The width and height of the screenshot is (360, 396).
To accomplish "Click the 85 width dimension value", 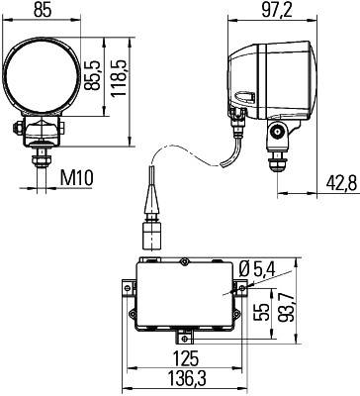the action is click(43, 11).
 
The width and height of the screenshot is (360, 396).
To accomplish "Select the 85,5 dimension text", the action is click(91, 76).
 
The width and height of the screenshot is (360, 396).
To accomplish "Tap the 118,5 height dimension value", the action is click(119, 78).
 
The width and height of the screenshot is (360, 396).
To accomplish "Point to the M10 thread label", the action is click(77, 178).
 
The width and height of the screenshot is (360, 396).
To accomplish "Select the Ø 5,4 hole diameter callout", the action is click(258, 270).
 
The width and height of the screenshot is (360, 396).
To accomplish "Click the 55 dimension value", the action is click(262, 312).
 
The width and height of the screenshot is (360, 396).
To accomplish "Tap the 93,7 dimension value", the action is click(285, 308).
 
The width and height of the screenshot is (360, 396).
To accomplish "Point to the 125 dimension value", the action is click(186, 358).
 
